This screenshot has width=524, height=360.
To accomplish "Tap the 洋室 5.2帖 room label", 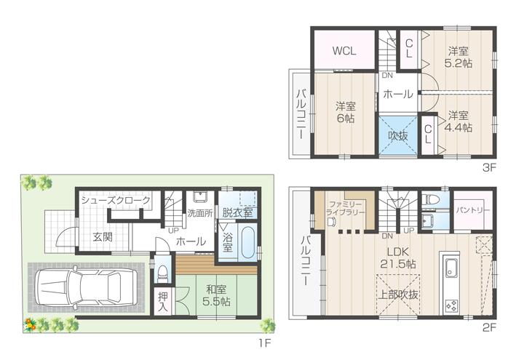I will (458, 57).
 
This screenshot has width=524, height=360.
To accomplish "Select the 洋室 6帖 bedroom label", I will (345, 111).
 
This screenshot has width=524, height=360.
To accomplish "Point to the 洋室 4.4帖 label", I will (458, 121).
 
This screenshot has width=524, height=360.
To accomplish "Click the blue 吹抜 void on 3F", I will (397, 135).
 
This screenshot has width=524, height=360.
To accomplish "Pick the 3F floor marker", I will (488, 167).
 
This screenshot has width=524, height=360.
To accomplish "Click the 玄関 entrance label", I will (103, 236).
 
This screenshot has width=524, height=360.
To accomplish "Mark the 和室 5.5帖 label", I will (217, 294).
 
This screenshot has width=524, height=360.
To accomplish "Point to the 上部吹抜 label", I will (396, 296).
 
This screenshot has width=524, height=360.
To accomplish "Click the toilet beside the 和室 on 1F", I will (164, 272).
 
